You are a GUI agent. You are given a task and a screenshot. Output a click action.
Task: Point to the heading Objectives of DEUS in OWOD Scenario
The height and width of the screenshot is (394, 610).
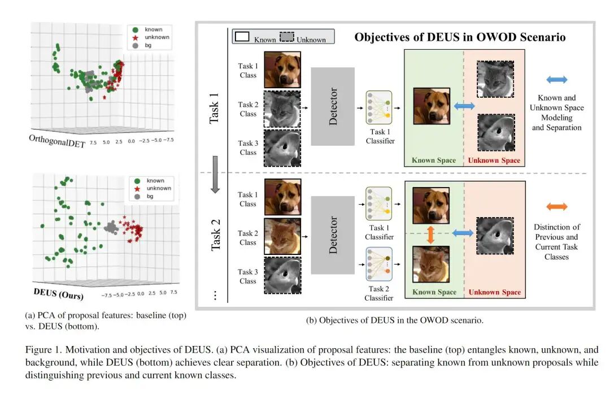(460, 37)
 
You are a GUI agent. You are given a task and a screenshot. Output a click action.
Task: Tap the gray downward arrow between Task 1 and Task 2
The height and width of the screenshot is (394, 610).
(215, 181)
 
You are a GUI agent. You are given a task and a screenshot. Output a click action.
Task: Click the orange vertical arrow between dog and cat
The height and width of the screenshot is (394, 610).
(430, 233)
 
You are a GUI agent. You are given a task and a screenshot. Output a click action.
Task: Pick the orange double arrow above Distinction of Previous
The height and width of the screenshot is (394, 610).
(556, 206)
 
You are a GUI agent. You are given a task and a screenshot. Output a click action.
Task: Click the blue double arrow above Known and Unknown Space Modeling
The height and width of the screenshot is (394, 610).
(556, 80)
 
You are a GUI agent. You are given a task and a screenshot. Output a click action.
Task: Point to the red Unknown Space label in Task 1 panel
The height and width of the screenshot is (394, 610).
(494, 161)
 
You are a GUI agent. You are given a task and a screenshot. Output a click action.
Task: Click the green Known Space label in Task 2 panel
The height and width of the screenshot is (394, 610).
(434, 292)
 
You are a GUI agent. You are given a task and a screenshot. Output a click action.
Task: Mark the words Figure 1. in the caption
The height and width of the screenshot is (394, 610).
(40, 350)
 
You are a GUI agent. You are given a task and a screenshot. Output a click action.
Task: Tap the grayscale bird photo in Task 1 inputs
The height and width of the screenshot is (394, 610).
(282, 148)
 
